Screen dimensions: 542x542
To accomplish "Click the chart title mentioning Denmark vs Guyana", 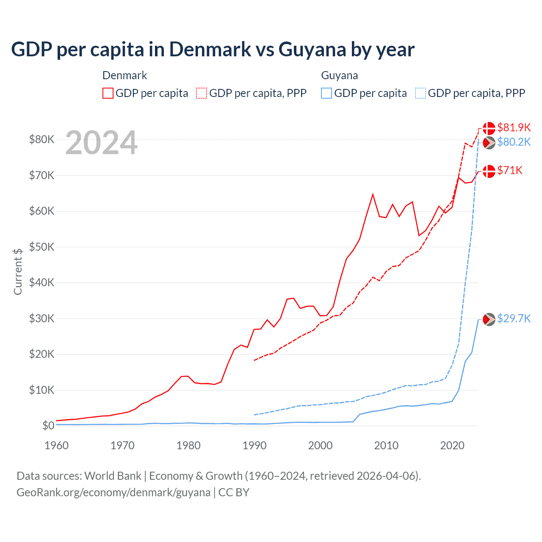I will pyautogui.click(x=213, y=50).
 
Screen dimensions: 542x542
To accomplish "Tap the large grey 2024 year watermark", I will pyautogui.click(x=101, y=143).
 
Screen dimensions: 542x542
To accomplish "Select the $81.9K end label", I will pyautogui.click(x=514, y=127).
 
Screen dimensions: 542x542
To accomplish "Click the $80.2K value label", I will pyautogui.click(x=514, y=142).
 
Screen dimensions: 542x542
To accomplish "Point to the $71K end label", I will pyautogui.click(x=510, y=170).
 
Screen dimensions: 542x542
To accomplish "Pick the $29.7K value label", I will pyautogui.click(x=514, y=318).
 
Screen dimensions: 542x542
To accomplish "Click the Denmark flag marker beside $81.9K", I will pyautogui.click(x=489, y=128).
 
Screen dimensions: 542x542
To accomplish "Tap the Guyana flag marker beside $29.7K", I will pyautogui.click(x=489, y=319).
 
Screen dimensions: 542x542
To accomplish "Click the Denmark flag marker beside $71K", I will pyautogui.click(x=489, y=171).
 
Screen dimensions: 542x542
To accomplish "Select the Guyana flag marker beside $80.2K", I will pyautogui.click(x=489, y=143).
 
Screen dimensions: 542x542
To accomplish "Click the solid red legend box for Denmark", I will pyautogui.click(x=108, y=93).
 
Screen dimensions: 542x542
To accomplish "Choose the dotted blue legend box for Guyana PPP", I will pyautogui.click(x=420, y=93).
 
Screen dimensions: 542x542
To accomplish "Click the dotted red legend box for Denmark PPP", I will pyautogui.click(x=202, y=93).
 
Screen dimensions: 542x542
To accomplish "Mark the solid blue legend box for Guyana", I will pyautogui.click(x=326, y=93).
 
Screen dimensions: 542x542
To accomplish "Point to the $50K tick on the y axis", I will pyautogui.click(x=41, y=247).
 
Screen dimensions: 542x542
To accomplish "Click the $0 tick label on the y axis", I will pyautogui.click(x=48, y=426).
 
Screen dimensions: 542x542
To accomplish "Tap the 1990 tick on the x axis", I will pyautogui.click(x=254, y=445).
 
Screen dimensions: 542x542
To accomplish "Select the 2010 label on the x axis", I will pyautogui.click(x=386, y=445).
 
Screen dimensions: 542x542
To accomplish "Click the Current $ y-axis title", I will pyautogui.click(x=18, y=271).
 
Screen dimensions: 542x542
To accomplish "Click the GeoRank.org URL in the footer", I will pyautogui.click(x=113, y=492).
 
